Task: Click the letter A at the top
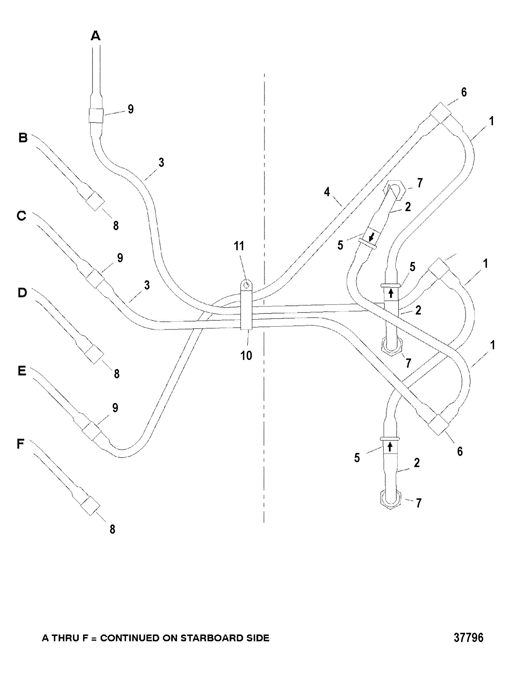(96, 36)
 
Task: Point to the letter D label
(22, 293)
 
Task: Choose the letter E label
(22, 371)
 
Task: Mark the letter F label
(20, 444)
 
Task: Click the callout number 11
(239, 246)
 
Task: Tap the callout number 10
(246, 356)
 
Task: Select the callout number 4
(327, 192)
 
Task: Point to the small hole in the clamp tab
(246, 285)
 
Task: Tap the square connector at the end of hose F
(90, 506)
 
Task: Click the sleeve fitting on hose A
(96, 115)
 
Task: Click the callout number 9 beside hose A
(131, 109)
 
